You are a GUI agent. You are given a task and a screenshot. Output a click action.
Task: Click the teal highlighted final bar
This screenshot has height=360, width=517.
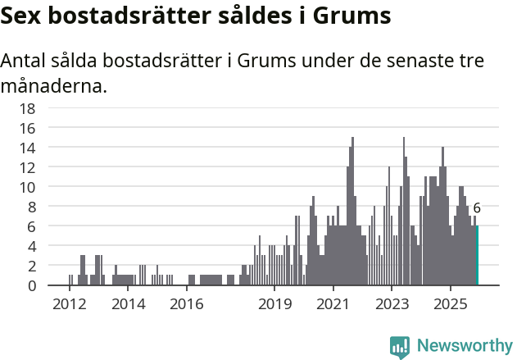pyautogui.click(x=477, y=255)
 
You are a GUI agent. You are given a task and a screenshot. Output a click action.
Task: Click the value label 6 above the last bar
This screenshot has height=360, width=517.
pyautogui.click(x=477, y=208)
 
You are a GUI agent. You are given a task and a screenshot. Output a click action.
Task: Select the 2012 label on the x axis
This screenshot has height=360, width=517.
pyautogui.click(x=70, y=305)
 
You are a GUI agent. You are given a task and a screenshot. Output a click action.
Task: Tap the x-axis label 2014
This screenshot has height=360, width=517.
pyautogui.click(x=128, y=305)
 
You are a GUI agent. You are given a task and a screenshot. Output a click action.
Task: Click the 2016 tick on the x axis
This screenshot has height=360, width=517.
pyautogui.click(x=187, y=305)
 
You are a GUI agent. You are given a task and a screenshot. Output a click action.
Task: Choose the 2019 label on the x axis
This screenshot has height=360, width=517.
pyautogui.click(x=274, y=305)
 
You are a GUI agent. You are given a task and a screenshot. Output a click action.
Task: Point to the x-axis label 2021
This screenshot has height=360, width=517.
pyautogui.click(x=333, y=305)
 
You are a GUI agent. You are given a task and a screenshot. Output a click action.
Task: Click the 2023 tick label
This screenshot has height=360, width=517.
pyautogui.click(x=392, y=305)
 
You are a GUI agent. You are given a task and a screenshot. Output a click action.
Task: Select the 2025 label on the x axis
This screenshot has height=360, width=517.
pyautogui.click(x=451, y=305)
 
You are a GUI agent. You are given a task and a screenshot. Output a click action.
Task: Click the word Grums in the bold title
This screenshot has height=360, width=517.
pyautogui.click(x=349, y=16)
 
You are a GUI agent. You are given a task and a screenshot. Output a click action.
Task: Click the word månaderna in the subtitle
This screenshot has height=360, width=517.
pyautogui.click(x=53, y=85)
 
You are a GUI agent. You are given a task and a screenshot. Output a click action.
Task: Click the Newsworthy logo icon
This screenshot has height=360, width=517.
pyautogui.click(x=400, y=346)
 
